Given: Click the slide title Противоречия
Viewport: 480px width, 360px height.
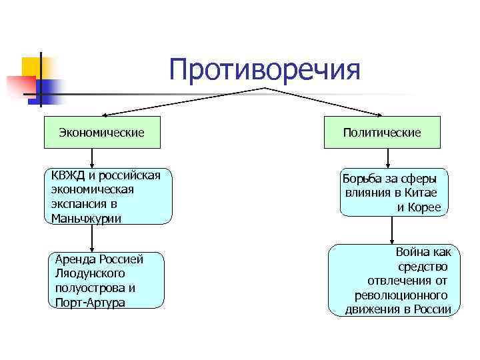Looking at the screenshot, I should tap(265, 69).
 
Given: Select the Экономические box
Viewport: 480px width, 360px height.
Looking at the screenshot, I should tap(101, 133).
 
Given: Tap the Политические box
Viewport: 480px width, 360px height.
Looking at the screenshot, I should tap(382, 133).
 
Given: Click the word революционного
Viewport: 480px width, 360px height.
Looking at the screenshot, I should tap(401, 295).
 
